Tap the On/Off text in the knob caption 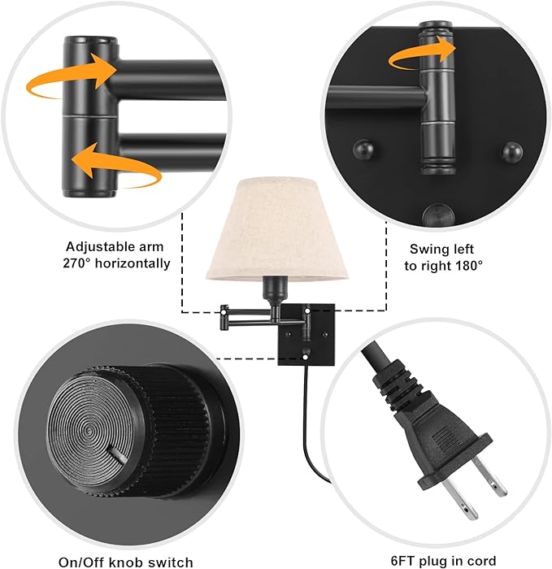pyautogui.click(x=80, y=562)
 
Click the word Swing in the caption pyautogui.click(x=428, y=249)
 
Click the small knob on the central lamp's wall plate pyautogui.click(x=306, y=352)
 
